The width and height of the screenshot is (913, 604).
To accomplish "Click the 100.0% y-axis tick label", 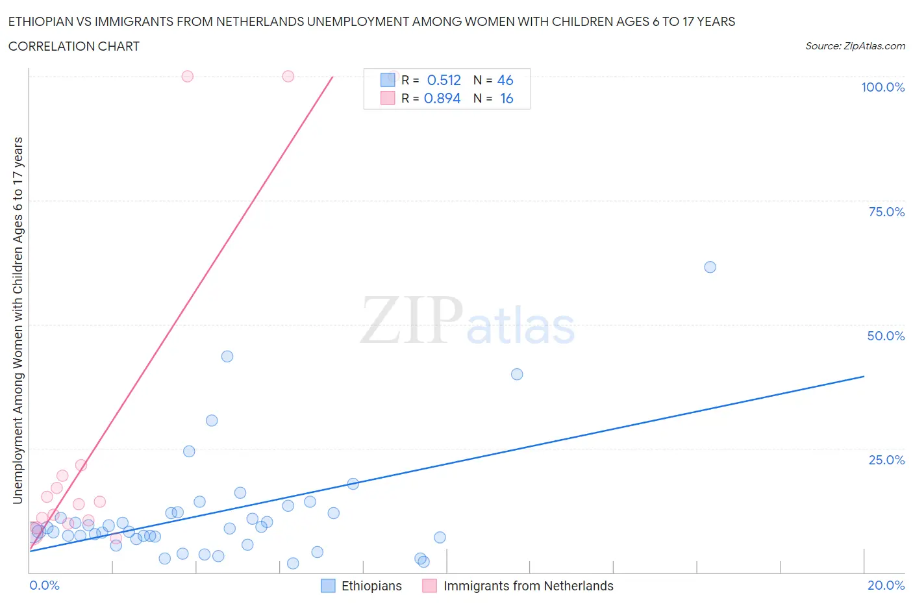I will (882, 88).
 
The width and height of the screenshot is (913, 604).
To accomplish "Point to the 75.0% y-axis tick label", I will (886, 212).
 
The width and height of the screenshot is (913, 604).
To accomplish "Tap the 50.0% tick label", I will (886, 336).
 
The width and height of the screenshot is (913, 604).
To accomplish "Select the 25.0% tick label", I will (886, 460).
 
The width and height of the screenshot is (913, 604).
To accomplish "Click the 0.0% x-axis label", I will (44, 585).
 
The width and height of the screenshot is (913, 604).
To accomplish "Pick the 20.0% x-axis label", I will (886, 585).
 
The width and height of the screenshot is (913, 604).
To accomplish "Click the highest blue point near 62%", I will (710, 267).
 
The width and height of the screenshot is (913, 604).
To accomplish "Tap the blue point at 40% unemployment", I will (517, 374).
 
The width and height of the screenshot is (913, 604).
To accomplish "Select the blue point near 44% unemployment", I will (227, 357).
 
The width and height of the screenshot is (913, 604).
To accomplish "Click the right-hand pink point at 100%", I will (288, 76).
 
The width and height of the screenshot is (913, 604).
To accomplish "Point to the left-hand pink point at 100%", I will (188, 76).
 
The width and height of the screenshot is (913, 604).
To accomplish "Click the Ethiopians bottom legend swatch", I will (329, 586).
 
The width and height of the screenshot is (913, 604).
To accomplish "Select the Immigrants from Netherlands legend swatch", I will (429, 586).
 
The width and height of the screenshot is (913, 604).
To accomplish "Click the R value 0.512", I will (444, 80).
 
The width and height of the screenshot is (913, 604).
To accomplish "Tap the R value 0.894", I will (442, 98).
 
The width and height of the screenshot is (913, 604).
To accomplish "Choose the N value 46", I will (505, 80).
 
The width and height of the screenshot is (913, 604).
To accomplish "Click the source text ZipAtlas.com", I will (855, 46).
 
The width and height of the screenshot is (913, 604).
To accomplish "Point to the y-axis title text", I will (18, 320).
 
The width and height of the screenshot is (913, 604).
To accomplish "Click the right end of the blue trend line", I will (864, 376).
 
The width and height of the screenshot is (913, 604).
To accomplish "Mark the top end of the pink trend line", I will (332, 77).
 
